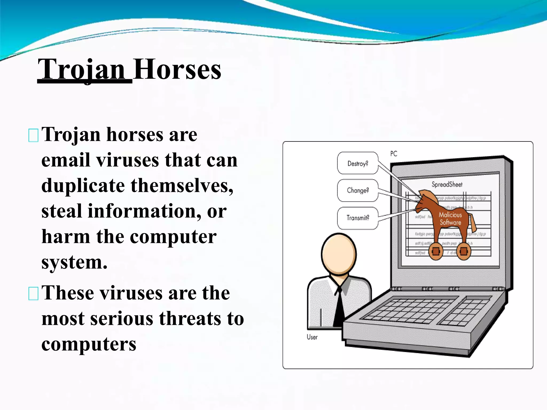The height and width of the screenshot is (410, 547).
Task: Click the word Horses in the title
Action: (177, 70)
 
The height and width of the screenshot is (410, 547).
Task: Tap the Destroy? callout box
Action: (358, 163)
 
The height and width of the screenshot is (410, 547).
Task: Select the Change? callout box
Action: (358, 190)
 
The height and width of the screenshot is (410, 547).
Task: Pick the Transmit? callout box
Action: (358, 218)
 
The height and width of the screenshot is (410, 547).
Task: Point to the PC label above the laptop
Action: (394, 154)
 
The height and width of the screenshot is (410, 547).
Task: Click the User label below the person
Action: (312, 337)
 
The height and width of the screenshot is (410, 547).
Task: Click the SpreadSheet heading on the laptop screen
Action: (447, 184)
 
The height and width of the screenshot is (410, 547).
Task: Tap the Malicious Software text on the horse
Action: (450, 219)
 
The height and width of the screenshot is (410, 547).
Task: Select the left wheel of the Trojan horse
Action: (436, 251)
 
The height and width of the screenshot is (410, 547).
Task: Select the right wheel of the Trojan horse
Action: (464, 251)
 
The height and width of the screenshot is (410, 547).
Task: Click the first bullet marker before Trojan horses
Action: (33, 135)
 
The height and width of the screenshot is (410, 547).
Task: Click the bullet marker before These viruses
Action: (33, 294)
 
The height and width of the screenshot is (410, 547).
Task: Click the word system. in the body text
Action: (74, 262)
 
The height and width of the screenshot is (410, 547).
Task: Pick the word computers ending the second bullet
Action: (89, 344)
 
